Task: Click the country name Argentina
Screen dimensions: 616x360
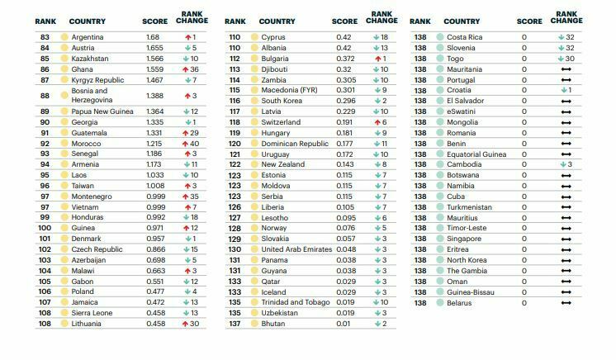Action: click(88, 37)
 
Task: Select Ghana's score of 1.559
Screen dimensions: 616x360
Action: click(154, 69)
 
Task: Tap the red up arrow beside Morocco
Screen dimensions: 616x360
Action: click(186, 144)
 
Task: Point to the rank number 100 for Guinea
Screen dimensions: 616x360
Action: click(45, 228)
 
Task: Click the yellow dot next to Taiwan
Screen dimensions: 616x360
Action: click(64, 186)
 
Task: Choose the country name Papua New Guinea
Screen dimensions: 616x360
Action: click(102, 111)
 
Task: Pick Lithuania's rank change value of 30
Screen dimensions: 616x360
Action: click(195, 324)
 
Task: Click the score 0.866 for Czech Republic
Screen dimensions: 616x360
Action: click(155, 249)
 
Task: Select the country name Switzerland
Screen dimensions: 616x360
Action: click(281, 122)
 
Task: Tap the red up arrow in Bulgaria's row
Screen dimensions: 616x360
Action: click(378, 59)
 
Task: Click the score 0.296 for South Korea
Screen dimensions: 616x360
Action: click(346, 101)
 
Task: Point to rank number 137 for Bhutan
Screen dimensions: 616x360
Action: click(235, 324)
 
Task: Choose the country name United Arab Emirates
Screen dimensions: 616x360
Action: click(296, 249)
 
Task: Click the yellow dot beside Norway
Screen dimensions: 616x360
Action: click(254, 228)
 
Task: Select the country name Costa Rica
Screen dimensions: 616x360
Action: click(464, 37)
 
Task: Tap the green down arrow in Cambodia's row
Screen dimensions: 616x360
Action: click(563, 164)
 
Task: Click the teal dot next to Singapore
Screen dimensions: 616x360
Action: click(440, 239)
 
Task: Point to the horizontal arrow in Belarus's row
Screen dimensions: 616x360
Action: click(566, 303)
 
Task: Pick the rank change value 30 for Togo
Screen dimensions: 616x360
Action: click(570, 59)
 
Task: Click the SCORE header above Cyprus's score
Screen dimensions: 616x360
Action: click(344, 21)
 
